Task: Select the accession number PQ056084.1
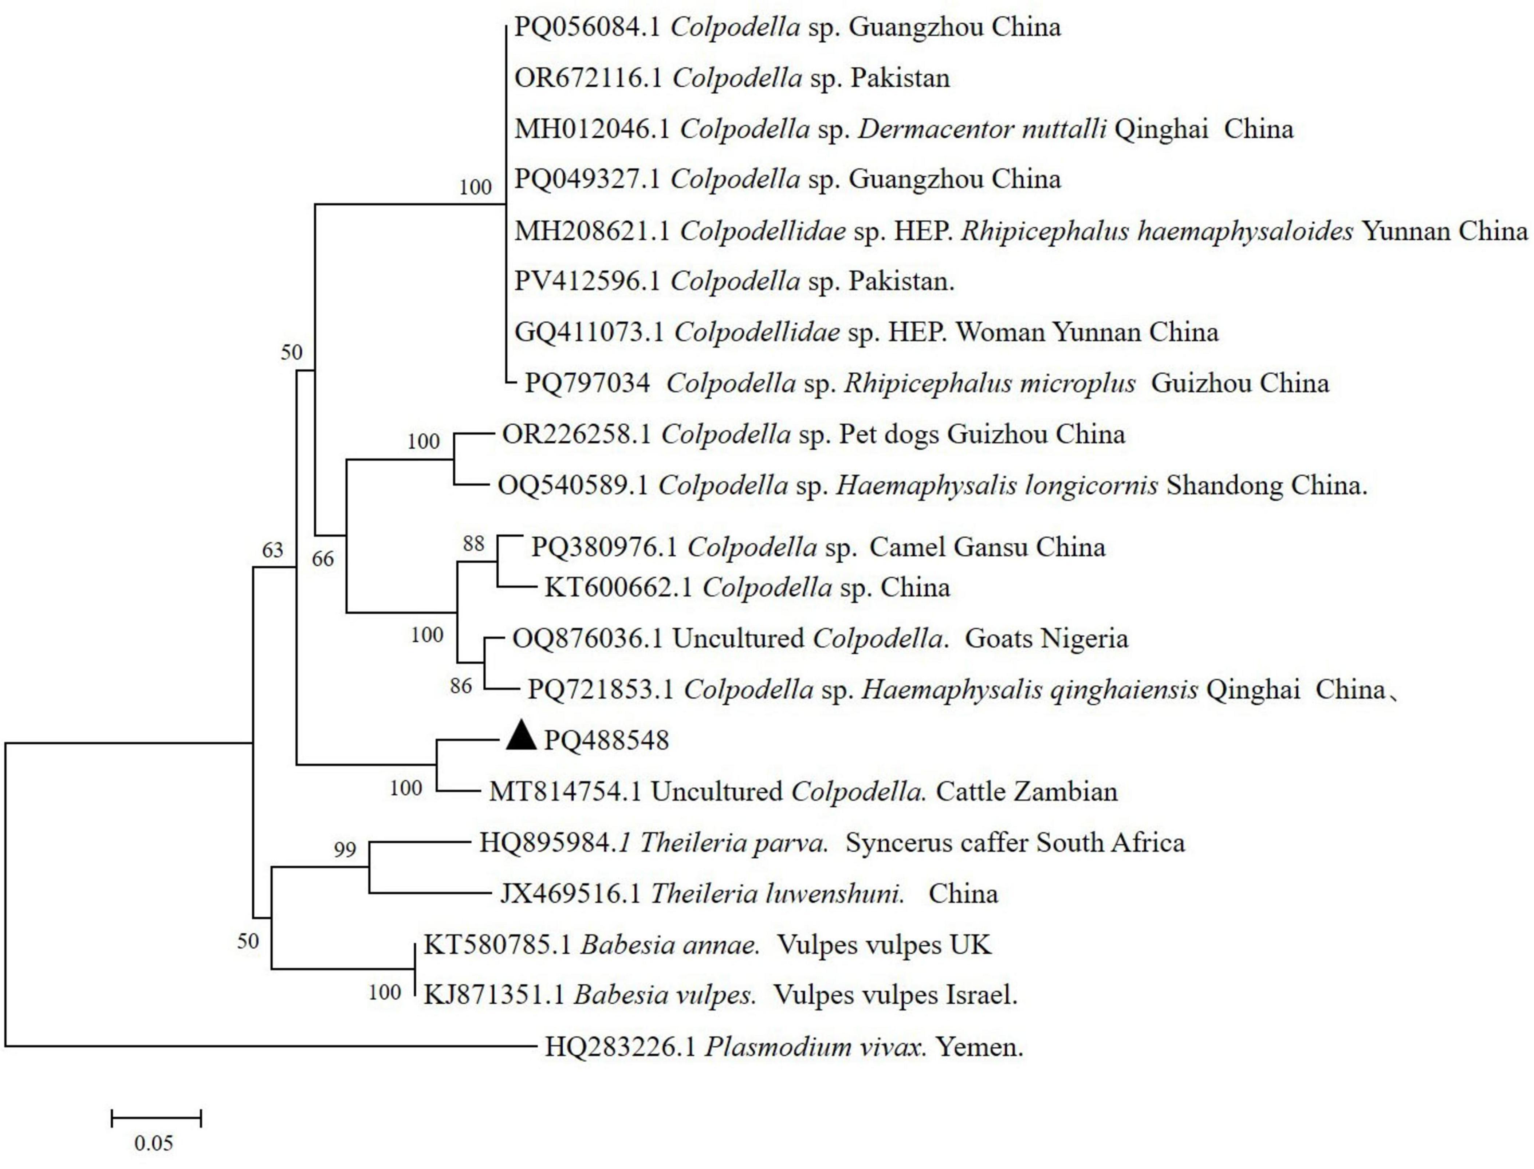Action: coord(586,27)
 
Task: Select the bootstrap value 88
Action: coord(473,543)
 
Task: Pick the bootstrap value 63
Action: coord(272,550)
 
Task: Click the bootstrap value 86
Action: coord(461,686)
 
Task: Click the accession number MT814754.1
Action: coord(565,791)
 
